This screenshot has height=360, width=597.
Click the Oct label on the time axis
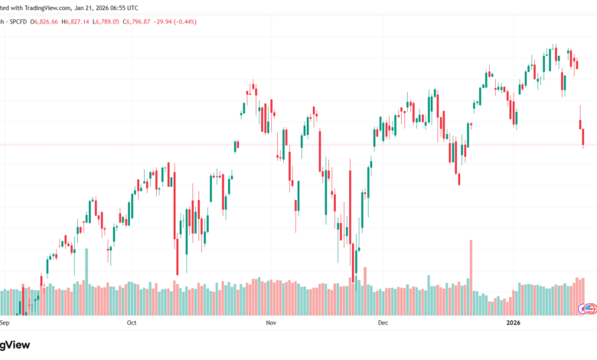pyautogui.click(x=131, y=323)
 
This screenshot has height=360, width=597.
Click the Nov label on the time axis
pyautogui.click(x=270, y=323)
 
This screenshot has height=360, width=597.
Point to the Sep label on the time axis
pyautogui.click(x=4, y=323)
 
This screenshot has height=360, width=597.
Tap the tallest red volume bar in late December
pyautogui.click(x=471, y=264)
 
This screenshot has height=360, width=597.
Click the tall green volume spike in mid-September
pyautogui.click(x=86, y=268)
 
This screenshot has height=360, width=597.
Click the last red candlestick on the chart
pyautogui.click(x=583, y=138)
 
